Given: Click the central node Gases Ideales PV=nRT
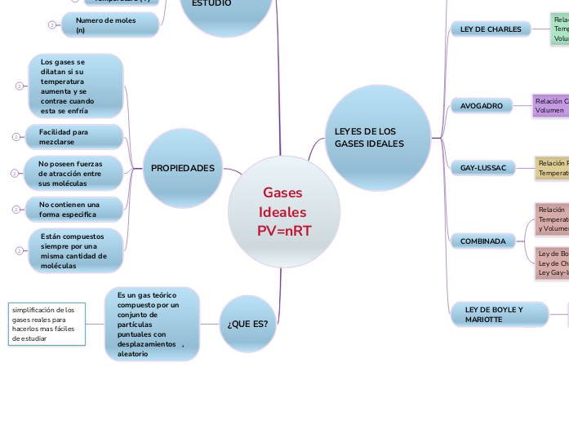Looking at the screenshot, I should [283, 211].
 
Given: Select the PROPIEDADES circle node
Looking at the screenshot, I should [182, 169].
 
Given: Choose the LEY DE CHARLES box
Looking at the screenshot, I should [491, 29].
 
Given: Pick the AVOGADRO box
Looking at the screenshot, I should [482, 106].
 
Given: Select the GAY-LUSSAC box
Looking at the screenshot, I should [483, 168].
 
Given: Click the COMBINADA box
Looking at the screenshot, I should [483, 241].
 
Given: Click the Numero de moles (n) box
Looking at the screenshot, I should [109, 25].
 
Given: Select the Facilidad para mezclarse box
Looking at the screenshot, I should [75, 136].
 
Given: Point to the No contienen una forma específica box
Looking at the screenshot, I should [74, 210].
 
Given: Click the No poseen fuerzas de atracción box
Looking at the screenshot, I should [74, 174].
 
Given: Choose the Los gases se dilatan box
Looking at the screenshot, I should [75, 86].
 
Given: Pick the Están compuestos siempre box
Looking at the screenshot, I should [75, 250].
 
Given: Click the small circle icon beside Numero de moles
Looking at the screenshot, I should [51, 25].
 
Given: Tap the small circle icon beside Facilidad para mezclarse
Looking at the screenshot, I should [16, 137].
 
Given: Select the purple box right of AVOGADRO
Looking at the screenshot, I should [550, 105].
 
